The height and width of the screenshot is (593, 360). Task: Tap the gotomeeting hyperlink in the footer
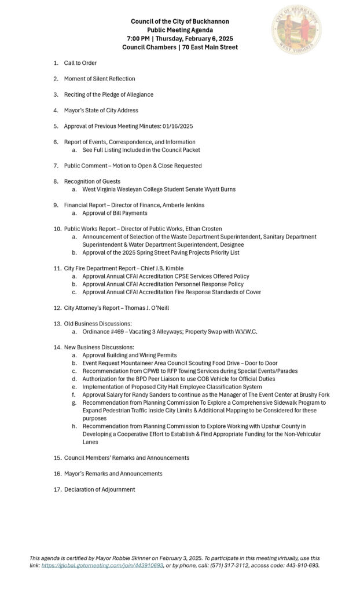pos(102,565)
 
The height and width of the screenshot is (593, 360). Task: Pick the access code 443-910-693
pos(297,565)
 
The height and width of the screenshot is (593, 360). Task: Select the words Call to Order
pos(80,63)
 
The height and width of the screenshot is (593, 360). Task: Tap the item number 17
pos(57,489)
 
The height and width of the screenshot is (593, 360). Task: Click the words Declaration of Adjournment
pos(100,489)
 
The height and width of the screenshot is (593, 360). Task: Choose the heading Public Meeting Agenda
pos(180,30)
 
